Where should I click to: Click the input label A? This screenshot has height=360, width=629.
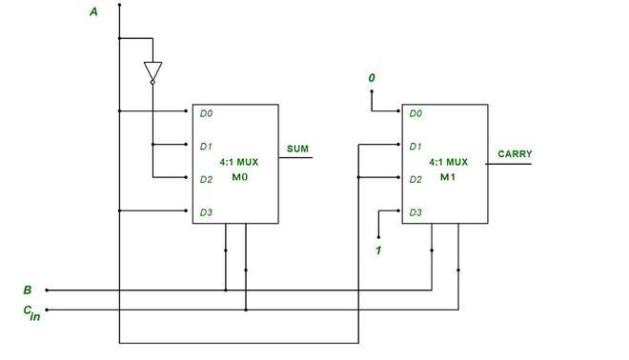point(93,11)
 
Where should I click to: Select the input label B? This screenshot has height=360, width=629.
point(27,290)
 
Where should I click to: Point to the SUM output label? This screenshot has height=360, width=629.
point(298,149)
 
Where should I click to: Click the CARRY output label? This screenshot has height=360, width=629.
point(515,153)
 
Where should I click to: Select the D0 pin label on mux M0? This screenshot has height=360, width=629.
point(206,113)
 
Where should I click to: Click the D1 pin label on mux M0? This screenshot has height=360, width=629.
point(206,147)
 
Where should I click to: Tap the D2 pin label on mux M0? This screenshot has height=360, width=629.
point(206,179)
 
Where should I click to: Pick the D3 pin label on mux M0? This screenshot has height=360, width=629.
point(206,212)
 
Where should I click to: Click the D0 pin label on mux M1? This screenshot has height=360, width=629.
point(416,113)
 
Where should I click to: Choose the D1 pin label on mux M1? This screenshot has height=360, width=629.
point(416,147)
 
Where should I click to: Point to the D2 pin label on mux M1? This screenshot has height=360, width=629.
point(416,179)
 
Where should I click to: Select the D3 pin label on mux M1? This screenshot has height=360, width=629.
point(416,212)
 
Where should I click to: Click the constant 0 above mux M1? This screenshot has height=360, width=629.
point(372,76)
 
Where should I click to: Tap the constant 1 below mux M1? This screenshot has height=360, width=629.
point(378,250)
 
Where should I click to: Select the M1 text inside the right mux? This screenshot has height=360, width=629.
point(448,177)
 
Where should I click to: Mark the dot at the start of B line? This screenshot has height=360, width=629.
point(47,290)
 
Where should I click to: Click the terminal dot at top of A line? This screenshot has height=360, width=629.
point(119,5)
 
